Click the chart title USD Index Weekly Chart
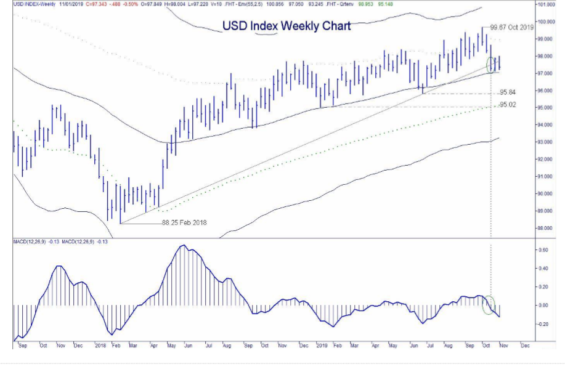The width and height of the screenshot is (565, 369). tap(286, 26)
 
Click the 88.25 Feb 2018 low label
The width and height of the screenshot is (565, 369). tap(184, 222)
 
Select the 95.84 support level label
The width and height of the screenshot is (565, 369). tap(508, 92)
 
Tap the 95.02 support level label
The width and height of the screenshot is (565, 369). tap(508, 105)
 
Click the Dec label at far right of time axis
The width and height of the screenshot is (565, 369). tap(525, 346)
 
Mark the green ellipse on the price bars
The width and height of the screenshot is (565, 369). tap(492, 63)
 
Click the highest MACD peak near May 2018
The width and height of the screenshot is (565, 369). tap(182, 246)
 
